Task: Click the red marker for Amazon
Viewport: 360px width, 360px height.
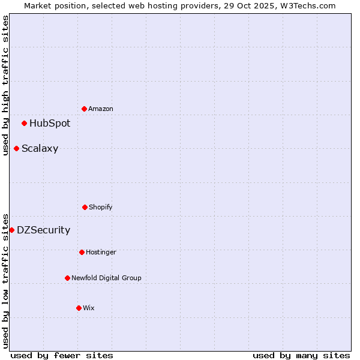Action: [x=85, y=109]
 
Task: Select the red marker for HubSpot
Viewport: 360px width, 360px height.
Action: [x=25, y=123]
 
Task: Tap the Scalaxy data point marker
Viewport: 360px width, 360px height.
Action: [x=17, y=148]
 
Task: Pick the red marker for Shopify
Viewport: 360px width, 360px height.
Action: [x=85, y=207]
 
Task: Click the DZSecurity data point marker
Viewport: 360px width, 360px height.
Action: [x=12, y=230]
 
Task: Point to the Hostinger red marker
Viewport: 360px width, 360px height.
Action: [x=82, y=252]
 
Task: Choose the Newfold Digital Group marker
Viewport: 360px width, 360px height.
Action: [x=67, y=278]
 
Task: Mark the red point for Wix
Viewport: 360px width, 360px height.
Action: [x=79, y=308]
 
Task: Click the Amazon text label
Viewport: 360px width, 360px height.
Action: [x=101, y=109]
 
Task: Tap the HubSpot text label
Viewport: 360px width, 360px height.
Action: [x=50, y=123]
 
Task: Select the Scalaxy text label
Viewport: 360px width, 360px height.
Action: [x=40, y=148]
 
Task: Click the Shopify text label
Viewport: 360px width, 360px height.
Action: [x=101, y=207]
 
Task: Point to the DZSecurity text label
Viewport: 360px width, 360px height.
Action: [x=43, y=230]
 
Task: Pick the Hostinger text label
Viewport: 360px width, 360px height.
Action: [x=101, y=252]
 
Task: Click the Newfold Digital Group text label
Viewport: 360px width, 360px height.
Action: [x=106, y=278]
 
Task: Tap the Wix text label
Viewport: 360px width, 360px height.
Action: [x=89, y=308]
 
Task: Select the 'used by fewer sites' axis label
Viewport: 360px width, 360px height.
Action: [x=62, y=355]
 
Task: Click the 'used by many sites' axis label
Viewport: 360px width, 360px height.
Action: [x=301, y=355]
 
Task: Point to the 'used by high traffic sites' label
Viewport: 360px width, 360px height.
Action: [x=5, y=85]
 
